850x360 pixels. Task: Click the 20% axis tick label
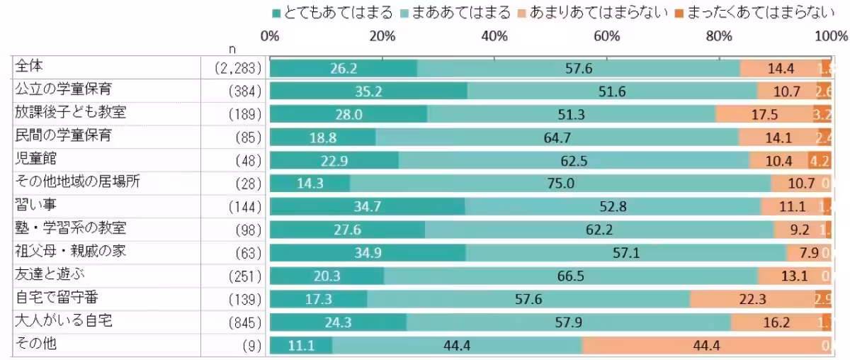coord(382,36)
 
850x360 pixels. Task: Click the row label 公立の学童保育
coord(63,90)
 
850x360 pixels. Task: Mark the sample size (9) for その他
coord(251,346)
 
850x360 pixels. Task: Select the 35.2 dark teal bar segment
coord(368,91)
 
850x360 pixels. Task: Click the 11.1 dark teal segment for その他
coord(301,346)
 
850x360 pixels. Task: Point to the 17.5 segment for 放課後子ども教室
coord(764,114)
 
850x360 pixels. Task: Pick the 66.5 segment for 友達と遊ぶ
coord(570,276)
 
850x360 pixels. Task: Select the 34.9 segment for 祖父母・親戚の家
coord(368,253)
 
